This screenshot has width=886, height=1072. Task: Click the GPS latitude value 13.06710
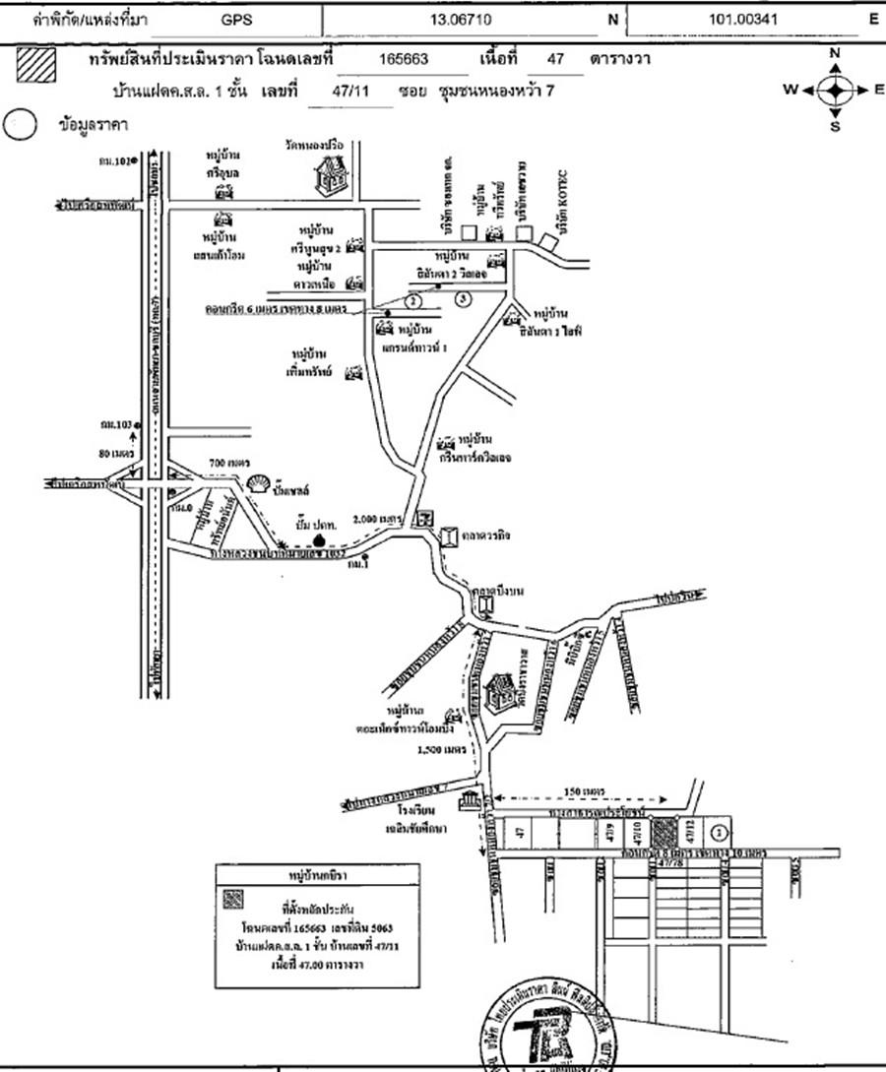[x=466, y=19]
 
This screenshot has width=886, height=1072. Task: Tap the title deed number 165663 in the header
[x=404, y=59]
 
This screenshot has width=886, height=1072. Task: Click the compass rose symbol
[x=835, y=90]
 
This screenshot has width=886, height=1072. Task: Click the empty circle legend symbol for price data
[x=21, y=126]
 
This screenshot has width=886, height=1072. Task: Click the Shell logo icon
[x=259, y=483]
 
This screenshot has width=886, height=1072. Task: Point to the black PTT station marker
[x=318, y=539]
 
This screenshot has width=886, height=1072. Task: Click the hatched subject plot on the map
[x=666, y=832]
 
